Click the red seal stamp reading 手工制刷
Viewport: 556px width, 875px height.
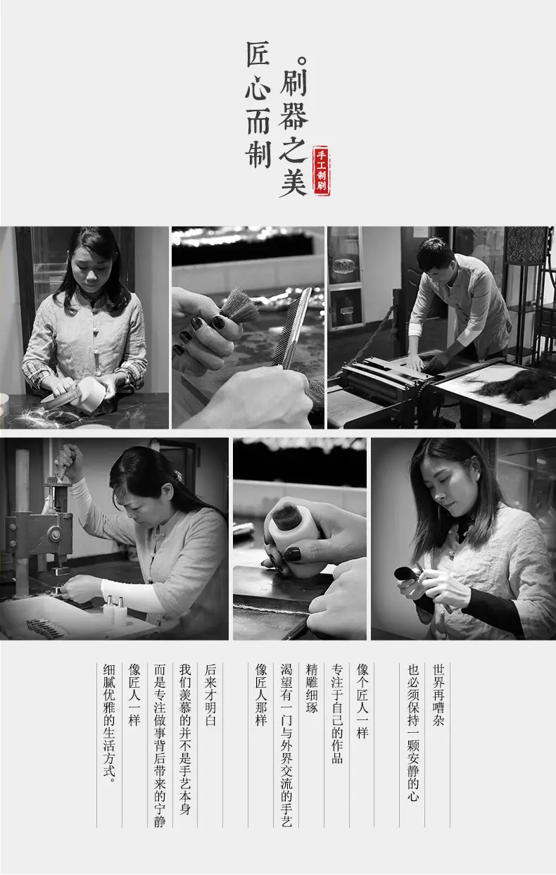tap(321, 170)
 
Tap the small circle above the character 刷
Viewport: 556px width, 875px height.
tap(302, 61)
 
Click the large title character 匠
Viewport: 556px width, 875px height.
tap(258, 54)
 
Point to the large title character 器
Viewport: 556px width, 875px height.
tap(293, 115)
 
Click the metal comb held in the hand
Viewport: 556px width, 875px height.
tap(293, 328)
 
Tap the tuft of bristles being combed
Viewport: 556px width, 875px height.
tap(239, 306)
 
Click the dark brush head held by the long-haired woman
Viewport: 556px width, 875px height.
tap(405, 574)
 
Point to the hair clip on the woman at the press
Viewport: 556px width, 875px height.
tap(177, 476)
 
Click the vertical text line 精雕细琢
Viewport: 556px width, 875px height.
tap(312, 688)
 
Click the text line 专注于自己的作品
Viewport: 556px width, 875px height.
tap(337, 714)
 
